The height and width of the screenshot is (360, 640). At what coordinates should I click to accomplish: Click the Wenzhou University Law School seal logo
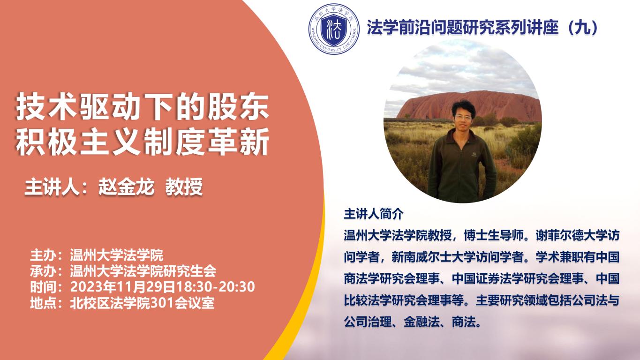tap(334, 29)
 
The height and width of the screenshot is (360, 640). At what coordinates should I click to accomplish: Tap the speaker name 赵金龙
tap(126, 187)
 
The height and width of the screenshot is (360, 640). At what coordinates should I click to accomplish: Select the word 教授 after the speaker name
tap(184, 187)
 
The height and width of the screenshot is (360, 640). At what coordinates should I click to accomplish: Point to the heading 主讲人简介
tap(374, 214)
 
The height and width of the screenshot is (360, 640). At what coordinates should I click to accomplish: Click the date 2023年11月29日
tap(122, 287)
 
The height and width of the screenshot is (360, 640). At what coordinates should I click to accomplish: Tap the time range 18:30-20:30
tap(215, 287)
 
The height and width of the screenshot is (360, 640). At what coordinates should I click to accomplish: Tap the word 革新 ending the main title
tap(238, 142)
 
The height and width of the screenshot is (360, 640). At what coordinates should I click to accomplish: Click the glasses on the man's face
tap(463, 117)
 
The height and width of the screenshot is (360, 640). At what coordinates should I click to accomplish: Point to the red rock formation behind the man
tap(468, 105)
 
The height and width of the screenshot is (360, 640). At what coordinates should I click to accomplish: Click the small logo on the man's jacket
tap(474, 155)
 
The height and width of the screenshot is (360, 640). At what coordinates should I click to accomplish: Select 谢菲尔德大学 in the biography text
tap(571, 235)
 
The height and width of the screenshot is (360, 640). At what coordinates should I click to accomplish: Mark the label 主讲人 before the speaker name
tap(52, 187)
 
